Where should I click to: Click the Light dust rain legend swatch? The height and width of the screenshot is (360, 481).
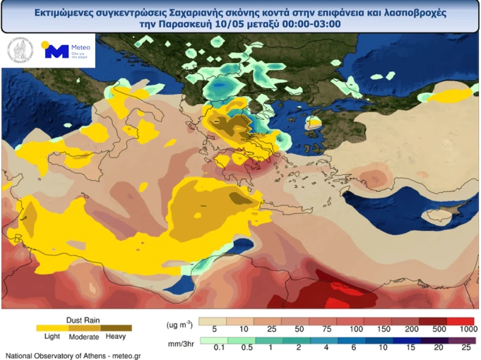coord(52,328)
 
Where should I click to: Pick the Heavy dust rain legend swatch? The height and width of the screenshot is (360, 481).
coord(117,328)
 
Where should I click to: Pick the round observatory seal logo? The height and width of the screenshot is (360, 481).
coord(20,51)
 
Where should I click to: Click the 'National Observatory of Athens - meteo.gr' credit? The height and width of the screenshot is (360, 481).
coord(73,355)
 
